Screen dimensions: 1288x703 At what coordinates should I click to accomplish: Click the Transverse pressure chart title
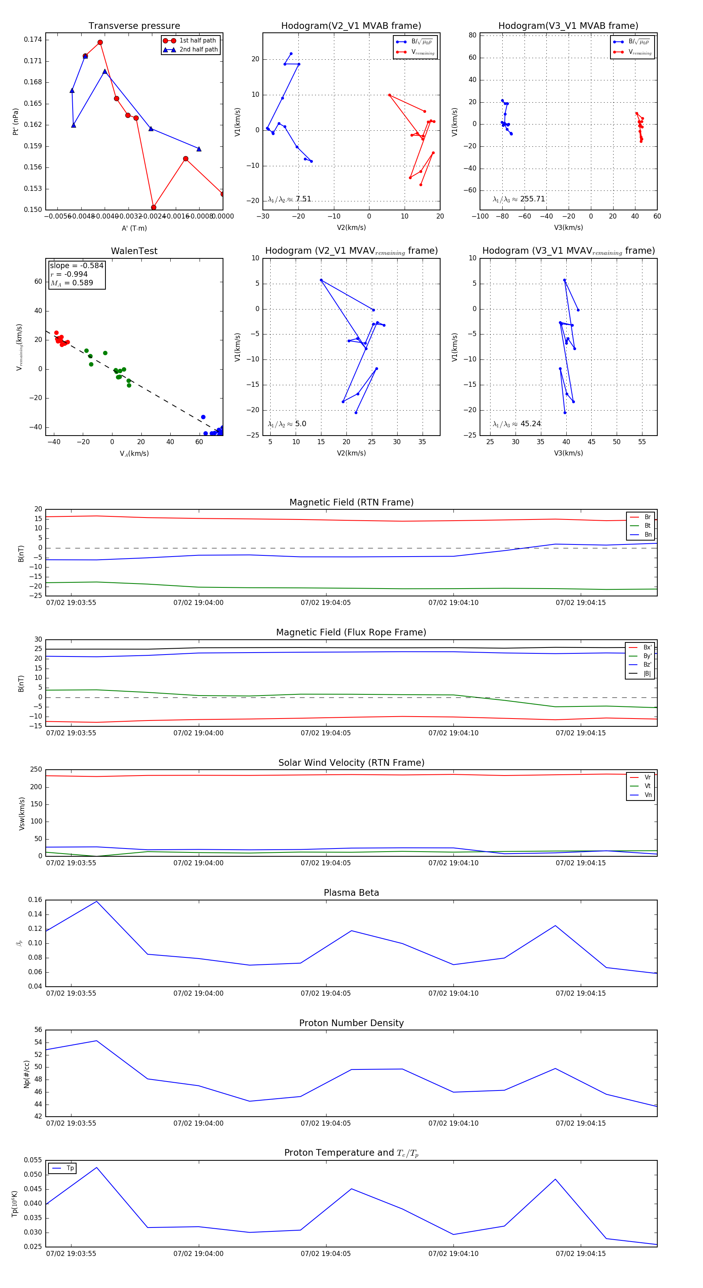click(134, 26)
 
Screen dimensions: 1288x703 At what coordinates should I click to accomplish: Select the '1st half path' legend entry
click(197, 41)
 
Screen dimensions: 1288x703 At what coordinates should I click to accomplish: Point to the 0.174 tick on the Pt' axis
click(33, 39)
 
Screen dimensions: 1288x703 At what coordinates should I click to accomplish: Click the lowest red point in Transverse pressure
click(153, 207)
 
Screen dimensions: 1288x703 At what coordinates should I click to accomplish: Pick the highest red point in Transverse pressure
click(100, 43)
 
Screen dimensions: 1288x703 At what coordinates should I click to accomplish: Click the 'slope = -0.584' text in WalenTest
click(77, 265)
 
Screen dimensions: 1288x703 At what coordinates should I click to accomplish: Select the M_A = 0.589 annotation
click(71, 283)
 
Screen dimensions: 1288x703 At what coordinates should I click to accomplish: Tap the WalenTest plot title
click(134, 251)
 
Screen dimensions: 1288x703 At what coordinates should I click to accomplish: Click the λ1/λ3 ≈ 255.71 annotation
click(519, 199)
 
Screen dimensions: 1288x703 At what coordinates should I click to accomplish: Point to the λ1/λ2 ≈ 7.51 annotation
click(289, 199)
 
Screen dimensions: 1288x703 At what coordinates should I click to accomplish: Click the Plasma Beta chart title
click(351, 893)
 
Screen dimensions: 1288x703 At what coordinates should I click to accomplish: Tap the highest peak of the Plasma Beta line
click(96, 901)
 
